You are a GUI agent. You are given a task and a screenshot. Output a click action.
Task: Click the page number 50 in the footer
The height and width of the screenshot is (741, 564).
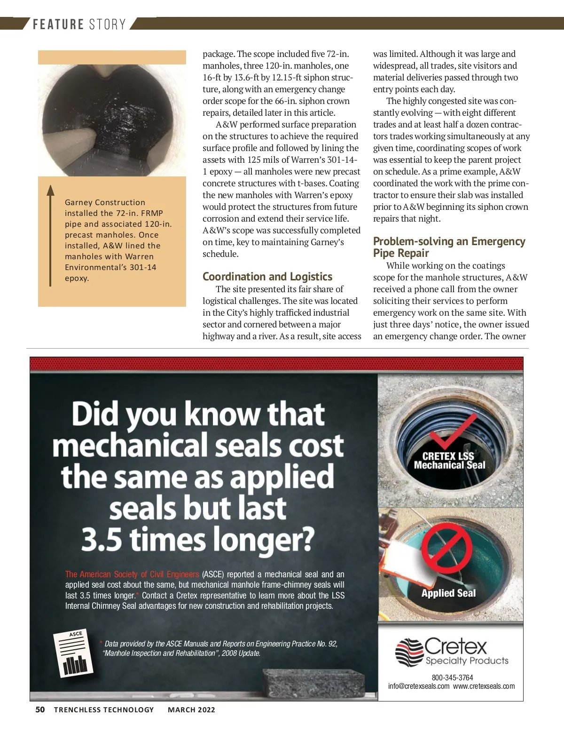tap(40, 709)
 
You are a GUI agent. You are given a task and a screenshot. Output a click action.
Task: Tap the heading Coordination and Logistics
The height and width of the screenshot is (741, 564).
tap(267, 277)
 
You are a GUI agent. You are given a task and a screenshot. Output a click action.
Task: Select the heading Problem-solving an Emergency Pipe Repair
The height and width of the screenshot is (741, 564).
tap(449, 247)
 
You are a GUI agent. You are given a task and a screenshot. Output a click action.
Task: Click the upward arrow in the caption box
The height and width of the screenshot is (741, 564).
tap(50, 235)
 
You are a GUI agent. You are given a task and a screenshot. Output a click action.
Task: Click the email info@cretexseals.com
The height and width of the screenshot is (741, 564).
tap(418, 686)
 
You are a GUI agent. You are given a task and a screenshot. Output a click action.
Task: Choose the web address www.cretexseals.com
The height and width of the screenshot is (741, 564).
tap(484, 686)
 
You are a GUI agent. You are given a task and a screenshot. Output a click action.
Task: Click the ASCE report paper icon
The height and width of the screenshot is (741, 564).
tap(73, 653)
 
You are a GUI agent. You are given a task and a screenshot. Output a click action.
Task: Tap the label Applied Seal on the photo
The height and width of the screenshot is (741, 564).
tap(448, 593)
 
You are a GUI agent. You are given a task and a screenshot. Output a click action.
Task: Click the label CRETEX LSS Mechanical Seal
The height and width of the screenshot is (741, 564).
tap(449, 461)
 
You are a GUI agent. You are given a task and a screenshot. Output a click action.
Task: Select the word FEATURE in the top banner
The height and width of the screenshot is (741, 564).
tap(58, 24)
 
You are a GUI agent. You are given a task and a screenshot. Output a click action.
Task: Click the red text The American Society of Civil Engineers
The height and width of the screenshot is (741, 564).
tap(132, 574)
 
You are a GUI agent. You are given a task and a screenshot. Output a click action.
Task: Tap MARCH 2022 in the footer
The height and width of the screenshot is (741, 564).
tap(191, 709)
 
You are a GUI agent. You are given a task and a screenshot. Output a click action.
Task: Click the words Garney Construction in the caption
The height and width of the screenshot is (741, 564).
tap(105, 202)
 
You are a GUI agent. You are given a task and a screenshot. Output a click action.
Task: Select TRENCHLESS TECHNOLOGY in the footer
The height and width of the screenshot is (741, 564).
tap(104, 709)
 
